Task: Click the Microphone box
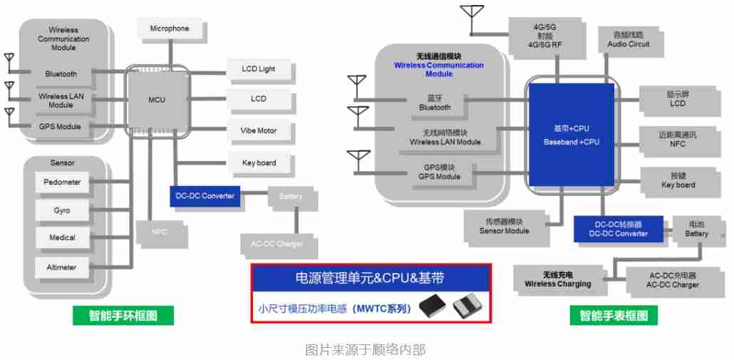click(x=170, y=29)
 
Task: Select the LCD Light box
click(x=258, y=69)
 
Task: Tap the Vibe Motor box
click(x=258, y=131)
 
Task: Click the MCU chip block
click(x=157, y=100)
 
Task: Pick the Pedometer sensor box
click(x=62, y=182)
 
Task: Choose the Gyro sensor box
click(x=62, y=211)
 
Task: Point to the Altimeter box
click(x=62, y=268)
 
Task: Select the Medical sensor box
click(x=62, y=238)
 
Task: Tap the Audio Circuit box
click(x=629, y=39)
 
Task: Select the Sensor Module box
click(x=505, y=226)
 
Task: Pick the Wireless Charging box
click(x=558, y=279)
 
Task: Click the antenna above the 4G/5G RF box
click(x=471, y=18)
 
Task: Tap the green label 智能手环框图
click(x=123, y=314)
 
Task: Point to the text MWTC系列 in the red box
click(x=383, y=309)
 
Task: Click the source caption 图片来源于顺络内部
click(x=365, y=349)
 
